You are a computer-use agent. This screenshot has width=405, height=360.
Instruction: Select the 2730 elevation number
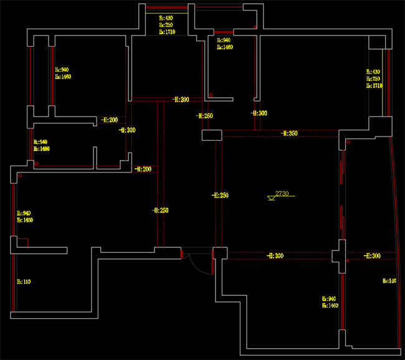point(282,194)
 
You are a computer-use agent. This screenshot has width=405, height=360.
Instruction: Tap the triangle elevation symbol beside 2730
point(271,198)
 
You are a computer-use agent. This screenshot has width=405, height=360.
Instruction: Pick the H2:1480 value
point(41,149)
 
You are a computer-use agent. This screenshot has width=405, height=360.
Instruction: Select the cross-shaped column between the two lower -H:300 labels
point(340,256)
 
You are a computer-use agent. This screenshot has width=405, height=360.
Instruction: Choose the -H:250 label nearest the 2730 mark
point(220,196)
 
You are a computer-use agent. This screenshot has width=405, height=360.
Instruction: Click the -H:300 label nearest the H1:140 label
point(372,256)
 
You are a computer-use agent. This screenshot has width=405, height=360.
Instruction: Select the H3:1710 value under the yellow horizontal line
point(167,31)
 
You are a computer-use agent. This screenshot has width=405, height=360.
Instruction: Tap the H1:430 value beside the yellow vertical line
point(373,72)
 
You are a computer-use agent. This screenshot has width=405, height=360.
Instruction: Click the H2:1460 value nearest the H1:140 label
point(330,306)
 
